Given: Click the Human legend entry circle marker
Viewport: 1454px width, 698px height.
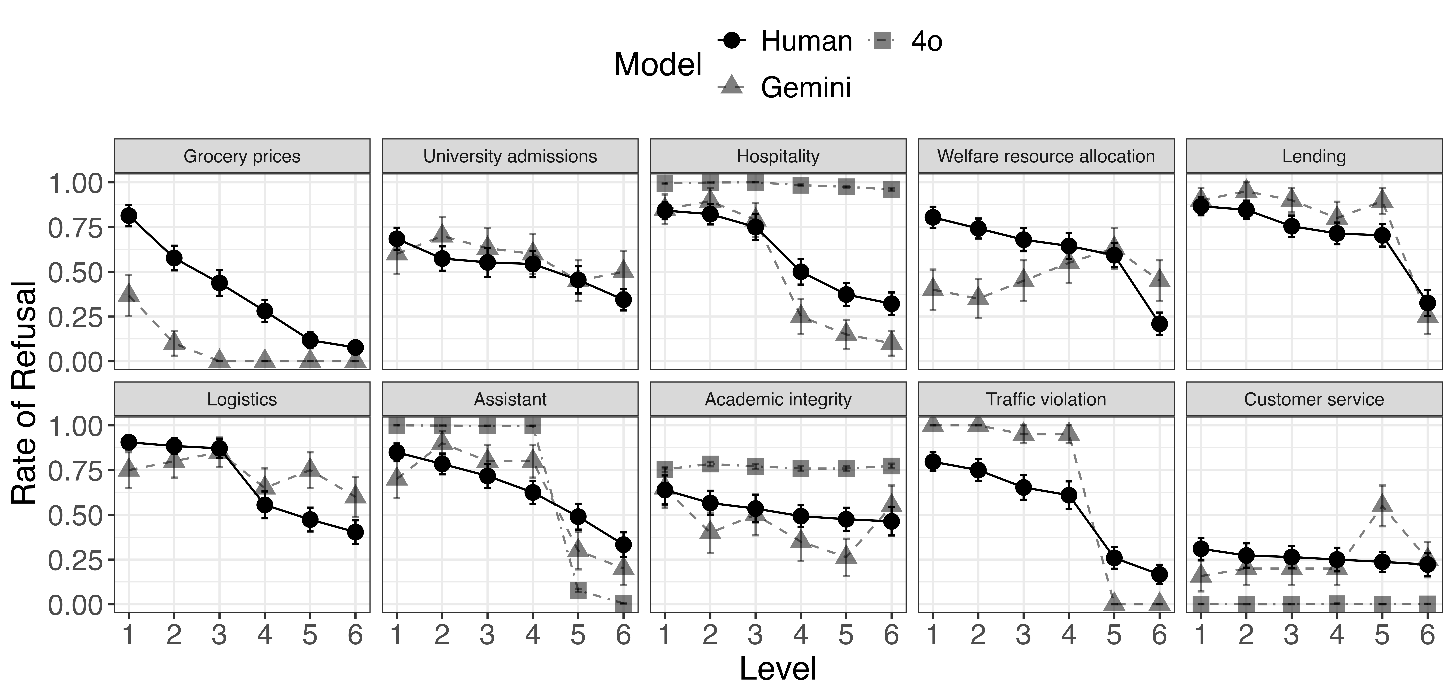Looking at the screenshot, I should pos(732,41).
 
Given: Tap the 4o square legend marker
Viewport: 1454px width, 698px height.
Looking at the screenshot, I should pos(882,41).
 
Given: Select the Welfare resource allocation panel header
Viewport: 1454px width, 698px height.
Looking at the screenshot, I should pos(1046,156).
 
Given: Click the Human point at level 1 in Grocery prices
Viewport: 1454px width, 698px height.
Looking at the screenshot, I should pos(129,216).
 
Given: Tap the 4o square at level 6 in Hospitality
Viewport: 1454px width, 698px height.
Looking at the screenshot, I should pos(891,190).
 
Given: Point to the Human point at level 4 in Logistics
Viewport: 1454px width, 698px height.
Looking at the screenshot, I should pos(265,505).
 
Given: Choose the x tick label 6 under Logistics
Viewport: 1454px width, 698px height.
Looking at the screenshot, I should pos(354,635).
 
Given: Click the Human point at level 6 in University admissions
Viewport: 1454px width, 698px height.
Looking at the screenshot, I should pos(623,299).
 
